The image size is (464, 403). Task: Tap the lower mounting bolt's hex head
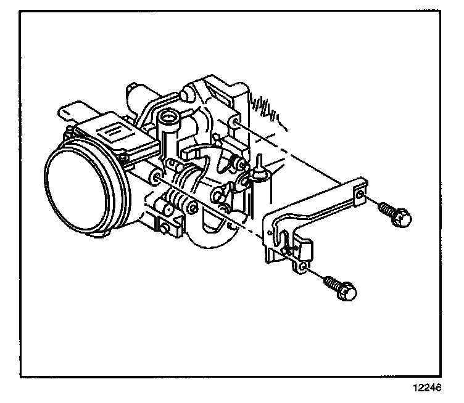[347, 290]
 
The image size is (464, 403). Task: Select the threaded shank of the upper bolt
[386, 208]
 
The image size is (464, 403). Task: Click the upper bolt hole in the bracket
[360, 196]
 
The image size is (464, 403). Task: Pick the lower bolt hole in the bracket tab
[302, 266]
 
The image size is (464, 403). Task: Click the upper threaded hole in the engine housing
[237, 123]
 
